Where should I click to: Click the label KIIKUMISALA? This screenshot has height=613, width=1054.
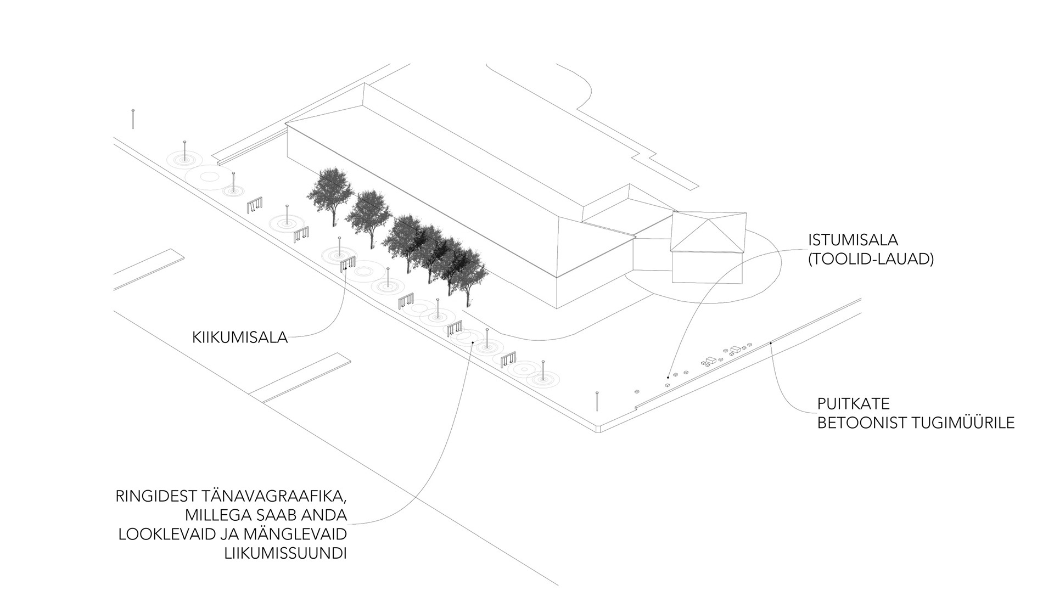tap(240, 338)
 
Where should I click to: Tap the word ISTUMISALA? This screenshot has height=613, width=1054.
tap(853, 240)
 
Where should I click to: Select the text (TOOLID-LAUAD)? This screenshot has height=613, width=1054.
tap(871, 259)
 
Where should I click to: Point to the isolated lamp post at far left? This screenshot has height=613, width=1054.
tap(133, 119)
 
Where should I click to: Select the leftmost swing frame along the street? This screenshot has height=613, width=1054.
tap(254, 205)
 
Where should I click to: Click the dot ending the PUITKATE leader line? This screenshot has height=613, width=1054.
tap(771, 343)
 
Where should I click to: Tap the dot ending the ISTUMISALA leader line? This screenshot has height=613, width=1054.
tap(668, 378)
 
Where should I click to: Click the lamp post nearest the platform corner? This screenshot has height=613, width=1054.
tap(597, 401)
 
